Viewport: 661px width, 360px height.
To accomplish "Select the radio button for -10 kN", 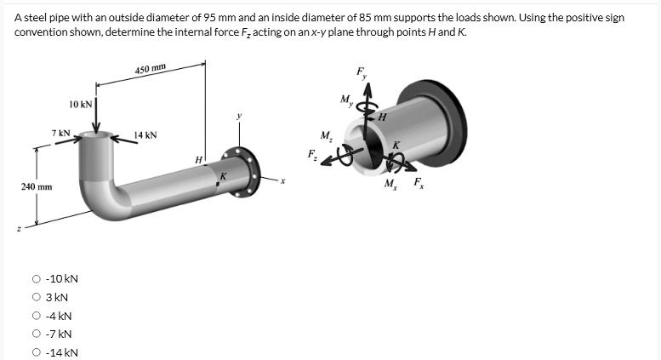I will [x=36, y=278].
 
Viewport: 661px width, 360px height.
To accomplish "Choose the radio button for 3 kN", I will [x=36, y=297].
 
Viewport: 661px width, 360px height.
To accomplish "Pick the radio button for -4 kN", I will [x=36, y=316].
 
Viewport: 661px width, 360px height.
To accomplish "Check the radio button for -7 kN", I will [x=36, y=334].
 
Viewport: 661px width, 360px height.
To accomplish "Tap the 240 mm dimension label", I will [x=37, y=185].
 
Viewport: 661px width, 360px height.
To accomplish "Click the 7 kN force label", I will [x=60, y=133].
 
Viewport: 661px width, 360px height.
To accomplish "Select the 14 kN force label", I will [x=145, y=134].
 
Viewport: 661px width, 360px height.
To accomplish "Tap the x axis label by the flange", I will [x=283, y=180].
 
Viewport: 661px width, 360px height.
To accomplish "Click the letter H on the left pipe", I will [x=198, y=159].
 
